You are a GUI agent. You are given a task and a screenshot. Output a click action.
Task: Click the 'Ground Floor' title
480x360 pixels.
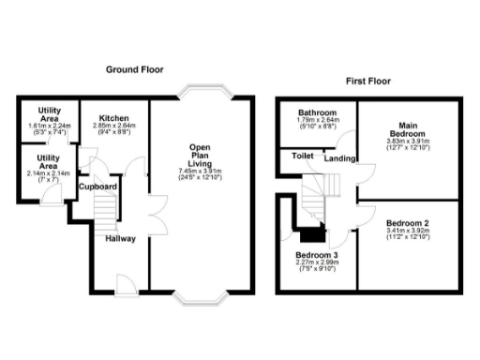[x=136, y=68]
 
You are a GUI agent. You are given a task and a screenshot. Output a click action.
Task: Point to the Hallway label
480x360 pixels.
[x=120, y=239]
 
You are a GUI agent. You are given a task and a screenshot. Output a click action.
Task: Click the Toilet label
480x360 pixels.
[x=302, y=156]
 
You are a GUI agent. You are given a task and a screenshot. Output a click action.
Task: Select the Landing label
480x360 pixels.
[x=338, y=158]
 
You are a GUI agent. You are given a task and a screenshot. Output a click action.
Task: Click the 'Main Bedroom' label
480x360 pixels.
[x=407, y=130]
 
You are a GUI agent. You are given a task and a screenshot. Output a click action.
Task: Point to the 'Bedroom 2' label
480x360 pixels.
[x=407, y=228]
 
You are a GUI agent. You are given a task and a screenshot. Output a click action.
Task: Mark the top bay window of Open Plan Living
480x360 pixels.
[x=201, y=92]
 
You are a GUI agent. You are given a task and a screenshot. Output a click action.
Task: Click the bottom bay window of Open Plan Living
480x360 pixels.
[x=201, y=297]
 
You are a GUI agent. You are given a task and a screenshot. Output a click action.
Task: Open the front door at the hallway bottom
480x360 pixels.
[x=122, y=283]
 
